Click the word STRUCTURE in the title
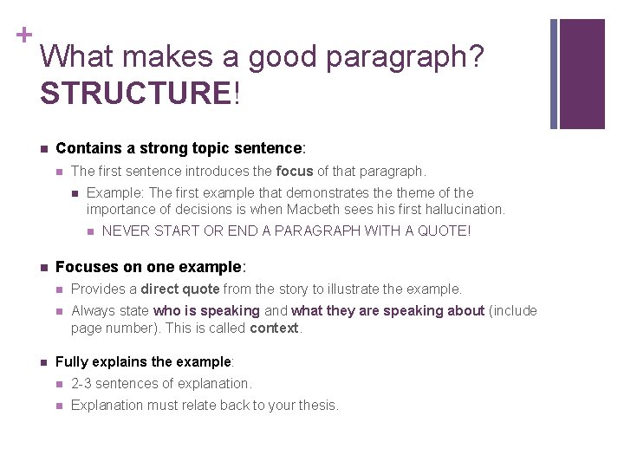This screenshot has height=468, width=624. click(x=135, y=94)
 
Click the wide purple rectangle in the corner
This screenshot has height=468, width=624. click(x=582, y=74)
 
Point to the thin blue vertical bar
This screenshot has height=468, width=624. click(x=554, y=74)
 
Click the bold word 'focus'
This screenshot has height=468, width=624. click(x=294, y=171)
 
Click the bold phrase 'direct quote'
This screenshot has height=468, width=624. click(x=180, y=289)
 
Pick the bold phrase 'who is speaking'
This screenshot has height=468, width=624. click(x=206, y=310)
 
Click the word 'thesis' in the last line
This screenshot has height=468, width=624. click(x=318, y=405)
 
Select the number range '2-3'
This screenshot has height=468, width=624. click(x=82, y=383)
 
